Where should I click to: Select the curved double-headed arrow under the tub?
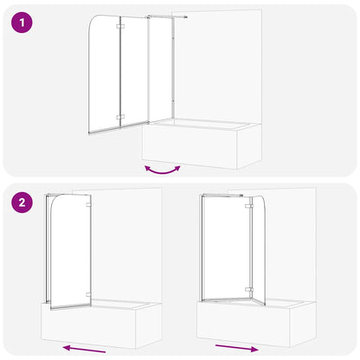coord(161,169)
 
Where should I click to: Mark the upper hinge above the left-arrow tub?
coord(87,209)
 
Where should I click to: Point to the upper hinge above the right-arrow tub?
coord(247,205)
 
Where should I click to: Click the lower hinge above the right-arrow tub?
coord(247,290)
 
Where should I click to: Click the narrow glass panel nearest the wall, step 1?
coord(162,74)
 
